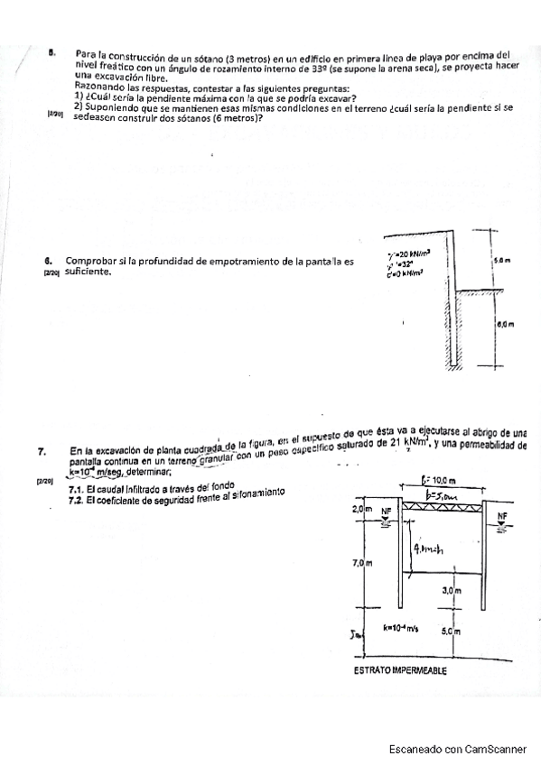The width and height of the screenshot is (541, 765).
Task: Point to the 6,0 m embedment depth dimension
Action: click(504, 322)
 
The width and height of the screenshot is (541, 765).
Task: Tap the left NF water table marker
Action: click(387, 511)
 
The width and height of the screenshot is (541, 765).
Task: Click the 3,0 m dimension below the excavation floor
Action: click(452, 591)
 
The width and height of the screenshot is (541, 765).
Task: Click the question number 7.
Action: click(42, 451)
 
